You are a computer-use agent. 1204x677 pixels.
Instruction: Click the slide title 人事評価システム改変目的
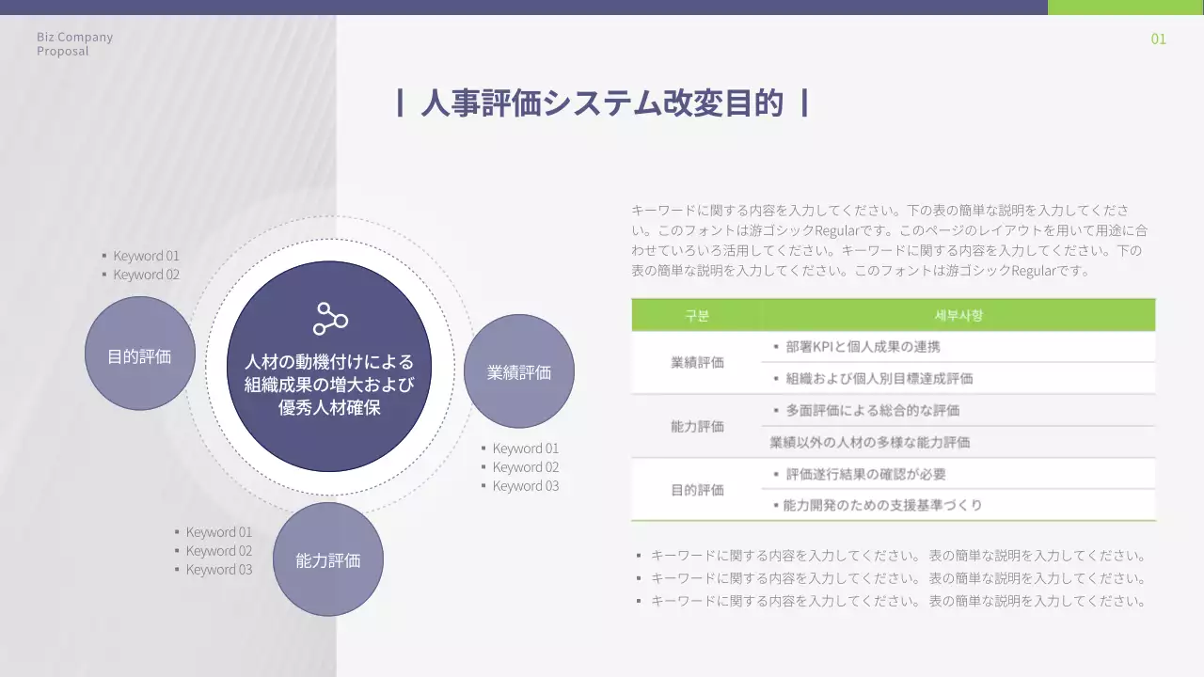coord(602,103)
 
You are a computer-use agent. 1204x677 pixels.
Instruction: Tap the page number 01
coord(1158,39)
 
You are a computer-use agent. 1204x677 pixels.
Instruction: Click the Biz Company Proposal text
coord(74,44)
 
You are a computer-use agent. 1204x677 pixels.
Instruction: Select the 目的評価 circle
coord(139,354)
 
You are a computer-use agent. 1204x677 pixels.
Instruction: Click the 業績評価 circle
coord(519,371)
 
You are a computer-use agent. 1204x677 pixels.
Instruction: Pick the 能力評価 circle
coord(327,560)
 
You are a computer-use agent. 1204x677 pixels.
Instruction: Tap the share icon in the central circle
coord(330,319)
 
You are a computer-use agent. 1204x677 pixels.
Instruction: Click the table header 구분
coord(697,316)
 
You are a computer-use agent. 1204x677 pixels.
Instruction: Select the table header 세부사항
coord(958,316)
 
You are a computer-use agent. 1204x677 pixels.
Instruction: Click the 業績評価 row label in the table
coord(697,362)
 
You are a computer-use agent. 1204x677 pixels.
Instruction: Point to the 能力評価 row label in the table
coord(697,426)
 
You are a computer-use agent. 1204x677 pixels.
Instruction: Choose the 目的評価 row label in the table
coord(697,490)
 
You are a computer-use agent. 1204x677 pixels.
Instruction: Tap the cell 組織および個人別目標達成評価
coord(879,379)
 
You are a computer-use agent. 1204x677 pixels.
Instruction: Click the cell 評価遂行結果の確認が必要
coord(865,474)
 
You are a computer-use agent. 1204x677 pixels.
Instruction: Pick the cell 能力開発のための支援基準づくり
coord(882,506)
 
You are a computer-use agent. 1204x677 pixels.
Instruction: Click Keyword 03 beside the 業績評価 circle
coord(525,486)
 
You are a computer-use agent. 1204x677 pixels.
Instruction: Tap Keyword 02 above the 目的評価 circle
coord(146,275)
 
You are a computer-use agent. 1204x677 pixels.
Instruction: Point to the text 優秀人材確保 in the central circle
coord(329,408)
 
